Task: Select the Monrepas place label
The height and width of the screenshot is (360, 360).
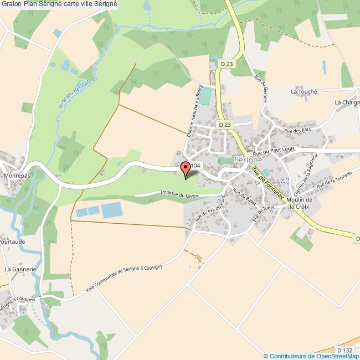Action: click(17, 175)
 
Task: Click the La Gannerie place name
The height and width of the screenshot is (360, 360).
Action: click(20, 269)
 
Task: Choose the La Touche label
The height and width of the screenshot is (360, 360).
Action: click(304, 92)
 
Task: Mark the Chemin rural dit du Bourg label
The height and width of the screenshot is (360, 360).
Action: click(193, 111)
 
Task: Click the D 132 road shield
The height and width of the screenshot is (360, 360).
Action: click(344, 350)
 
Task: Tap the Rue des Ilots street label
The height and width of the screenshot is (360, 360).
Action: click(297, 131)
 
